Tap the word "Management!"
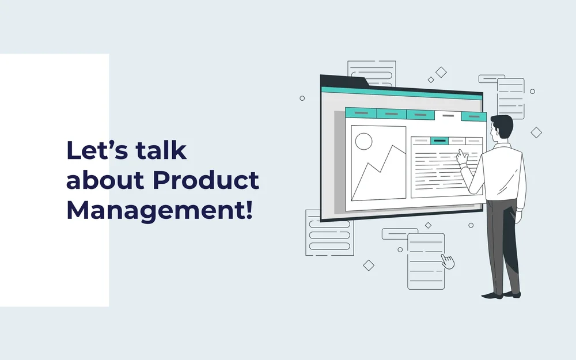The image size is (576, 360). [160, 210]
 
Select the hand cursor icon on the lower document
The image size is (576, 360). [448, 261]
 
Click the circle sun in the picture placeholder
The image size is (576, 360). [364, 141]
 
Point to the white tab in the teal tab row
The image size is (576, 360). [448, 116]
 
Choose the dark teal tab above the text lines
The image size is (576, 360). [440, 141]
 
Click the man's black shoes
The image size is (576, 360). [501, 294]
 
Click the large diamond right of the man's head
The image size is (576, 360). [536, 132]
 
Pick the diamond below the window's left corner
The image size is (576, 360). [369, 265]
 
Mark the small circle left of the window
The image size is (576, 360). [302, 98]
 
